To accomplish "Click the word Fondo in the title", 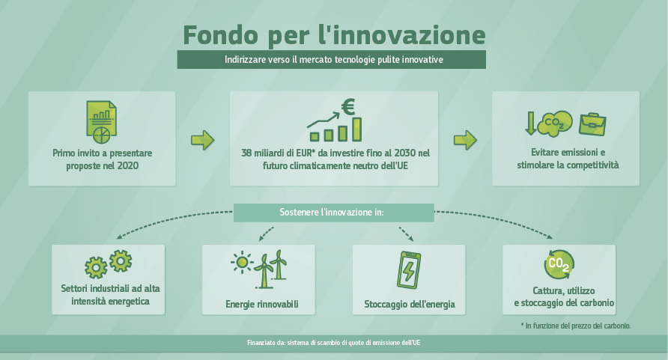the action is [x=221, y=35].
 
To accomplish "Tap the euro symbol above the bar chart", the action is [x=348, y=107].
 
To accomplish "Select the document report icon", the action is [x=101, y=122].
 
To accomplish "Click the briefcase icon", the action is [x=592, y=124].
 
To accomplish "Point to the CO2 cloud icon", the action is [x=555, y=123].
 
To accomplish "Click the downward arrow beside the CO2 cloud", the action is [x=530, y=123].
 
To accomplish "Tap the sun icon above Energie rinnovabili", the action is [x=242, y=262].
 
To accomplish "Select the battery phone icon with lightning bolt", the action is [x=409, y=269].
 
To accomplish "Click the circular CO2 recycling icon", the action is [x=559, y=264].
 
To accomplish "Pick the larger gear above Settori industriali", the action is [x=121, y=261].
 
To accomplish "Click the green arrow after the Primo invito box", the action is [x=202, y=140].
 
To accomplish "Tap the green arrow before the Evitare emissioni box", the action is [x=465, y=140].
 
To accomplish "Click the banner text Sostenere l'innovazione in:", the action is [x=332, y=212].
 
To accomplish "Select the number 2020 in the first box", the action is [x=127, y=165].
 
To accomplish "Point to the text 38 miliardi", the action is [x=262, y=153].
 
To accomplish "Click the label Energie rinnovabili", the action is [x=262, y=305].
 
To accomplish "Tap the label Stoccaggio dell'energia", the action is [x=410, y=305].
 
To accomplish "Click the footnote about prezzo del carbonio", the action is [x=576, y=326].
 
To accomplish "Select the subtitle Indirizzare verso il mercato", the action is [x=333, y=60].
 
